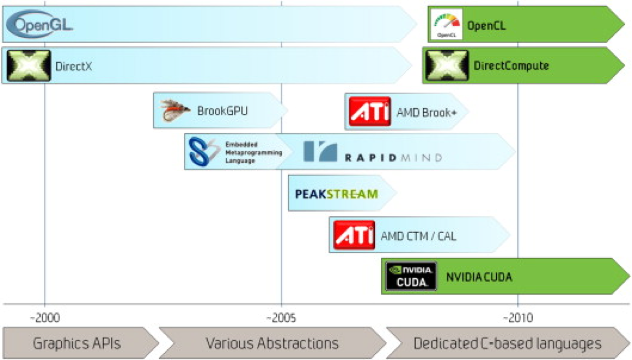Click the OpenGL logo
click(x=41, y=24)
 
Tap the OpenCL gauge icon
click(x=446, y=24)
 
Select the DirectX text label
click(x=73, y=66)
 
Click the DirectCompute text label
click(x=511, y=66)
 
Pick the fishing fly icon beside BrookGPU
click(x=175, y=110)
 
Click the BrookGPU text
click(x=222, y=111)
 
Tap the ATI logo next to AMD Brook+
click(x=369, y=111)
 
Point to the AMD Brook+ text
click(x=426, y=112)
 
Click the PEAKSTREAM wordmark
click(x=336, y=193)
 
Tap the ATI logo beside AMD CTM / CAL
click(x=354, y=235)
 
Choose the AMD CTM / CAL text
click(x=418, y=236)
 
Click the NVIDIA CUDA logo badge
click(x=411, y=276)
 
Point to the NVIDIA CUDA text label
click(x=479, y=277)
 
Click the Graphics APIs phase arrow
click(x=77, y=344)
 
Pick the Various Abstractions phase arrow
click(x=272, y=344)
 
